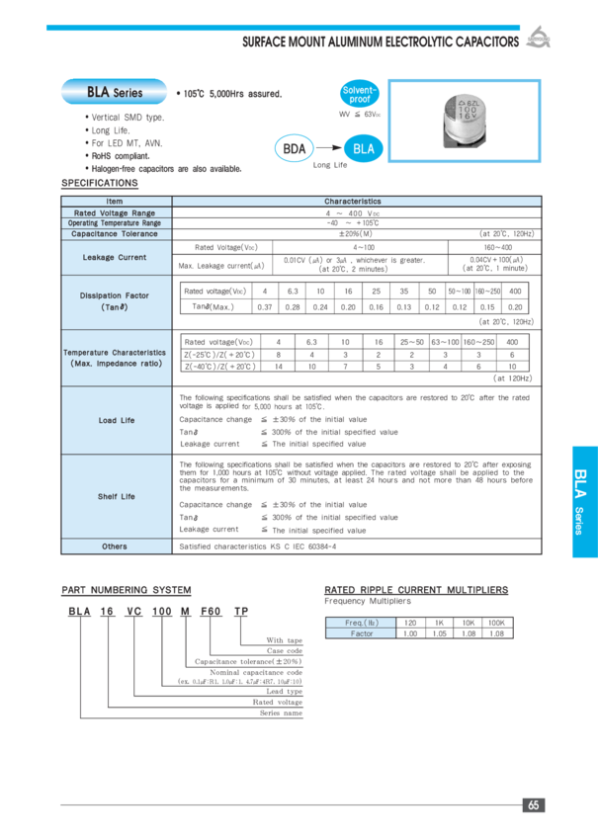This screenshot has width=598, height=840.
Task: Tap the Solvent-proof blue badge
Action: [x=359, y=94]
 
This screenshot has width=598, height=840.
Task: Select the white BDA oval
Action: [x=294, y=149]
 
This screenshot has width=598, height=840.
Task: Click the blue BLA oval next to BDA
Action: [x=363, y=149]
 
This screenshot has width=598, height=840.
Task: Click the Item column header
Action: [x=115, y=202]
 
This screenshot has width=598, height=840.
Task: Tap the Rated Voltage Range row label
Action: [x=115, y=212]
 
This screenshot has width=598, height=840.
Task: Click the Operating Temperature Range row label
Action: [x=115, y=223]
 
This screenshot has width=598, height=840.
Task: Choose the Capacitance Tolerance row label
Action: [x=115, y=234]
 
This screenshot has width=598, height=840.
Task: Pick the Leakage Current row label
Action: [x=115, y=257]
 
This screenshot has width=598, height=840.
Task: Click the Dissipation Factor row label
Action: [x=115, y=300]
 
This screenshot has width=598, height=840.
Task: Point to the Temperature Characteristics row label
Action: [x=115, y=358]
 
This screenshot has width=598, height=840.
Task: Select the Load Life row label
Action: [x=115, y=420]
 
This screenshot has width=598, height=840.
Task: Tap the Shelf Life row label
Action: [x=115, y=496]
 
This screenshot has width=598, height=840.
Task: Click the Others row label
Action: [x=115, y=546]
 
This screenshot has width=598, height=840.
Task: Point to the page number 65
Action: [x=534, y=805]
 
